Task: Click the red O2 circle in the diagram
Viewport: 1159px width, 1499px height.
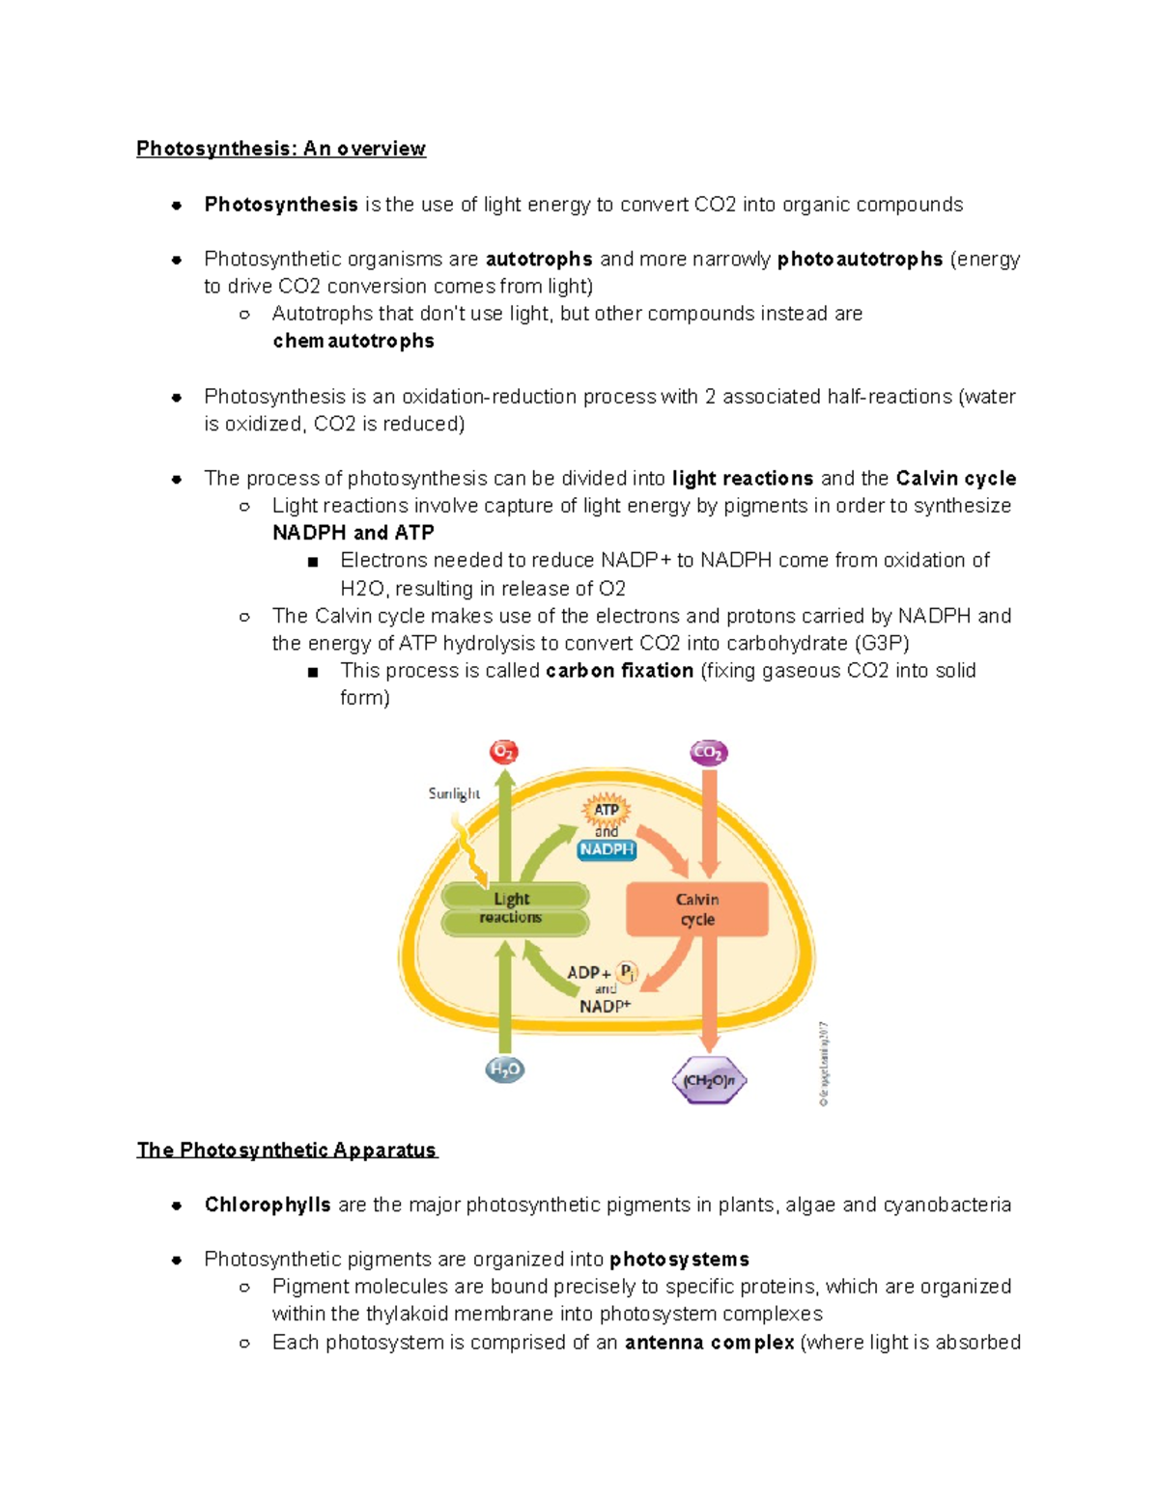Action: (x=503, y=751)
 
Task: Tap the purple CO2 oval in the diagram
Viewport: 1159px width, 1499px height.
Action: (x=708, y=752)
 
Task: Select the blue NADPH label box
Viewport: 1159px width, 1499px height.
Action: (x=607, y=849)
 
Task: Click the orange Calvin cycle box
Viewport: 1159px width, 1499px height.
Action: (x=697, y=909)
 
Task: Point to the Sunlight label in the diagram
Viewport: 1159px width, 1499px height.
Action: (x=454, y=793)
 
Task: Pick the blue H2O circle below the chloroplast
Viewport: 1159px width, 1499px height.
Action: (x=504, y=1069)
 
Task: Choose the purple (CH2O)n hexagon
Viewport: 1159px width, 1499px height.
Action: (x=709, y=1081)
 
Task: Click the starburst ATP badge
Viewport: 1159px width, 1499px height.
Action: (x=606, y=810)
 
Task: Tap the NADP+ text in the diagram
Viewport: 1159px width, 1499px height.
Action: (x=605, y=1006)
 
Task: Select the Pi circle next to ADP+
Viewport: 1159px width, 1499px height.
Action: (x=627, y=972)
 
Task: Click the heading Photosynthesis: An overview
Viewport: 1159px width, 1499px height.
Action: (x=281, y=149)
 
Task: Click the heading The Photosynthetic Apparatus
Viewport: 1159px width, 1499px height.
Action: (x=287, y=1150)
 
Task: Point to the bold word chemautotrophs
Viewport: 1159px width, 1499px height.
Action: (x=353, y=341)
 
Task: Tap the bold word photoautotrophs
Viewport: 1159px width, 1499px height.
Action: (x=860, y=259)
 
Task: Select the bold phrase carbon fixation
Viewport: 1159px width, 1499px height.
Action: (x=619, y=670)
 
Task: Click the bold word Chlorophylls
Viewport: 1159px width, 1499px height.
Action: (x=268, y=1205)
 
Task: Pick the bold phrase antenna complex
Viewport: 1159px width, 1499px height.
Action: (x=709, y=1342)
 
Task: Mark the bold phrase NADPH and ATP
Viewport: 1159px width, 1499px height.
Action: (x=353, y=533)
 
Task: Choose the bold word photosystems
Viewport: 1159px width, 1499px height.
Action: (x=679, y=1259)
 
